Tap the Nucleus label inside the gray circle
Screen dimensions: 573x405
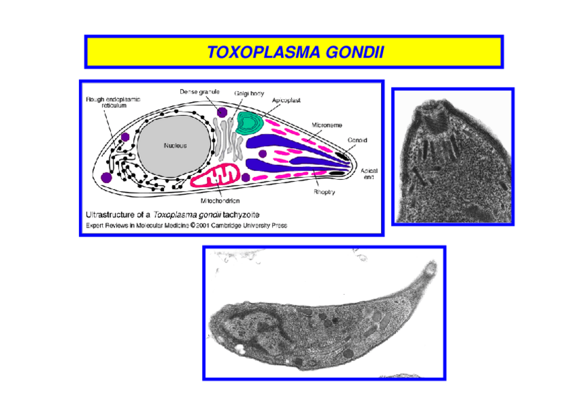tap(174, 145)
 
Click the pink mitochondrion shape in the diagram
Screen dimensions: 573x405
tap(214, 177)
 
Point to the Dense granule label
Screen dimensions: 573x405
tap(200, 91)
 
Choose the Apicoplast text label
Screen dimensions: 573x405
tap(286, 100)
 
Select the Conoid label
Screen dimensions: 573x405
tap(357, 140)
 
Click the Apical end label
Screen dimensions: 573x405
tap(369, 173)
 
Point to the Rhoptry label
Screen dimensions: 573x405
tap(324, 193)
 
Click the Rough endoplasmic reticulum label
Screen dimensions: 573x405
tap(107, 102)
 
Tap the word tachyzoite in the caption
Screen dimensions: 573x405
tap(241, 215)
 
